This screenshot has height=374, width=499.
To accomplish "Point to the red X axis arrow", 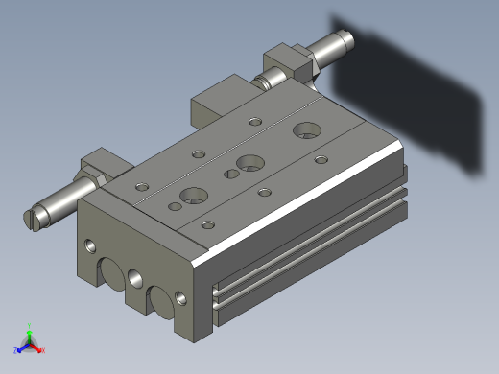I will point(40,350).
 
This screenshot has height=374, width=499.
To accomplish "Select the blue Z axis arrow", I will point(18,348).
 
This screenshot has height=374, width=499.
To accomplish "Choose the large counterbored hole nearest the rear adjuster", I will point(309,129).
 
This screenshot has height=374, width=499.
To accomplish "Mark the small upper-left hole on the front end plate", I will point(91,246).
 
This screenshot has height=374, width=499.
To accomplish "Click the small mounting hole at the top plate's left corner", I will point(143,186).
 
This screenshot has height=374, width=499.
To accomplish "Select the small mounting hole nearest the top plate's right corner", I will point(321,159).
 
